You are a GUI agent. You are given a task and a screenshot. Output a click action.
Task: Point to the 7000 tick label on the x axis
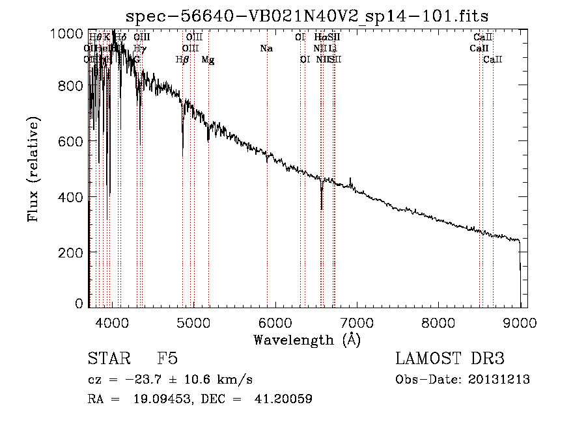pos(357,322)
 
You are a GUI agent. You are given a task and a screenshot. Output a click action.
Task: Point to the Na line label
pos(266,49)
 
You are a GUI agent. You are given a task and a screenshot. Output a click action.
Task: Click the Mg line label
pos(208,60)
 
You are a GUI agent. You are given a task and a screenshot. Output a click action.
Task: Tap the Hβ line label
pos(182,60)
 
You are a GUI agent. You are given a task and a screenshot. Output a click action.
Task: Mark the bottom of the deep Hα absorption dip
pos(322,209)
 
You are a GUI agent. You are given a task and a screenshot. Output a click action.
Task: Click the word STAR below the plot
pos(108,359)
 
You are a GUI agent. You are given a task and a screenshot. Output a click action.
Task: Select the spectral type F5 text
pos(167,359)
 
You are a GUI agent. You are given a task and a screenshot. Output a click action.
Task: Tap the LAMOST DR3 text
pos(450,359)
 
